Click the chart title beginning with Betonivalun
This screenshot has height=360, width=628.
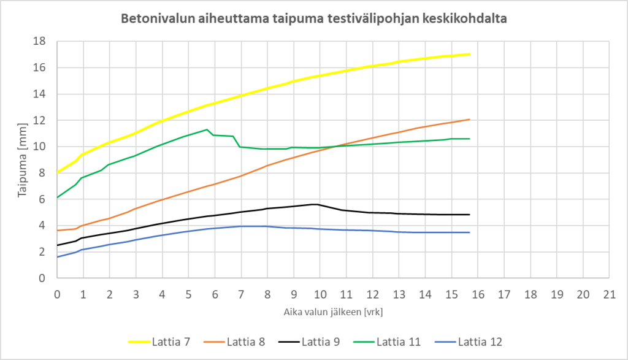[313, 18]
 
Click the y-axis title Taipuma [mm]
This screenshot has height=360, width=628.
[22, 159]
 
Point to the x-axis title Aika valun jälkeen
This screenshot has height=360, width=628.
[334, 311]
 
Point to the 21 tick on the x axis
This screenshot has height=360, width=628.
[609, 293]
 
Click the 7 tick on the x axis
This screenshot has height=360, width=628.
[241, 293]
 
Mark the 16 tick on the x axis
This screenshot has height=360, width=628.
[478, 293]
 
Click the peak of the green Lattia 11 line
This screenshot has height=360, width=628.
[207, 129]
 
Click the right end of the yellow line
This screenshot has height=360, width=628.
[469, 55]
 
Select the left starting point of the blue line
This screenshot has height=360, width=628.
[57, 257]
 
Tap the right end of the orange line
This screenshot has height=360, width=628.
[469, 120]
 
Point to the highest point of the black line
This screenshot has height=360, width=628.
[315, 204]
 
